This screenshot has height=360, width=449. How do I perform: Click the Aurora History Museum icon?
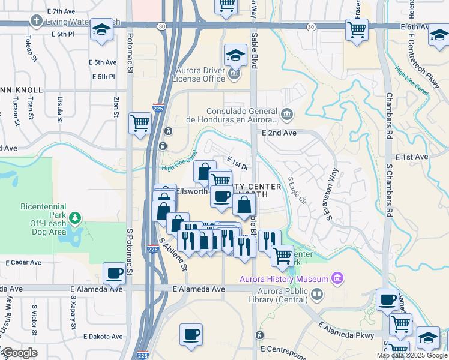tap(337, 278)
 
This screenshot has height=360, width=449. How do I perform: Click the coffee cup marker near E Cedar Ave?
tap(114, 273)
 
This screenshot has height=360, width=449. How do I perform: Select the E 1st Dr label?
tap(238, 162)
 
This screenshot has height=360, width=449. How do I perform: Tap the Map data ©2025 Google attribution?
tap(412, 355)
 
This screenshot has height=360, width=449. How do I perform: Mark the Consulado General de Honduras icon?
tap(287, 113)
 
